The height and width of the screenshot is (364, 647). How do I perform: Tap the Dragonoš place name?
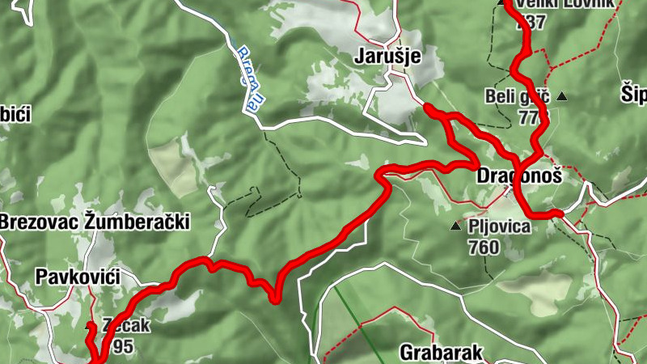[518, 176]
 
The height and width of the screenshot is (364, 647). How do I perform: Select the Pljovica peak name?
[499, 226]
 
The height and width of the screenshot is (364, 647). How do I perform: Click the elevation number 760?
[484, 247]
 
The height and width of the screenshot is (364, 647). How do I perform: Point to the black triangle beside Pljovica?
[455, 226]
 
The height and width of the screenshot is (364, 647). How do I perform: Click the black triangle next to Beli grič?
[562, 97]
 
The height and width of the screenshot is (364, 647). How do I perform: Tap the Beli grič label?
[517, 96]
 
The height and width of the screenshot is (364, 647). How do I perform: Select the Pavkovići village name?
[78, 277]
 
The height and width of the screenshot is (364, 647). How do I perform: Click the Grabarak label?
[441, 353]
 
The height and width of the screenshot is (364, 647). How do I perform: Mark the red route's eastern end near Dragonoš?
[558, 214]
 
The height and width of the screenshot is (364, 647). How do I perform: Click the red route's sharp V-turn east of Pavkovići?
[275, 300]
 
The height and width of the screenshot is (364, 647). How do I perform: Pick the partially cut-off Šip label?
[633, 94]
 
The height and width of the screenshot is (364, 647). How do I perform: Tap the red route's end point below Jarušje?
[426, 106]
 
